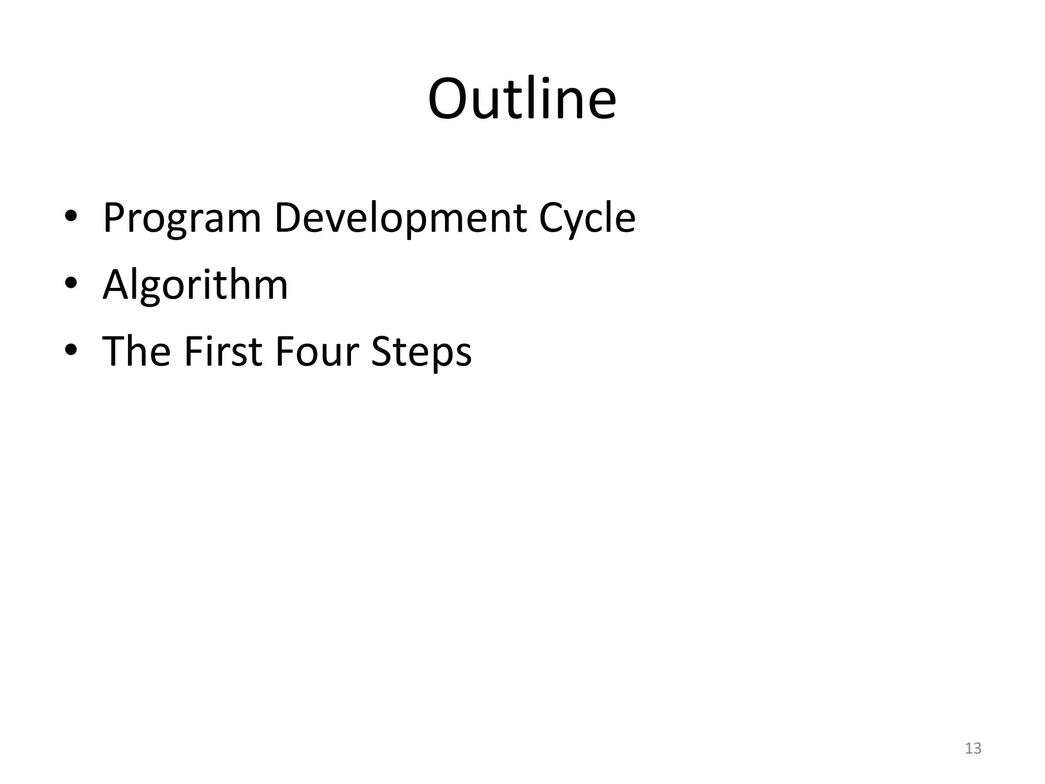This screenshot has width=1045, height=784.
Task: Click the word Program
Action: point(182,218)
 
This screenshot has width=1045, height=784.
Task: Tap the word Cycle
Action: point(587,218)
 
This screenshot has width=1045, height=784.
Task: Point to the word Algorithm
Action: point(195,285)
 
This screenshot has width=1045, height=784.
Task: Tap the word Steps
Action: point(421,352)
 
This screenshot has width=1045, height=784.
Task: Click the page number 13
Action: point(973,748)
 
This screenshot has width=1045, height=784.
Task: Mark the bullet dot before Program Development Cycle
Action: point(71,216)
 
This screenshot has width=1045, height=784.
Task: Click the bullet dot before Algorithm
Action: point(71,283)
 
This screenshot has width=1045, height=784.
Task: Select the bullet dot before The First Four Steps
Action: point(71,350)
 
